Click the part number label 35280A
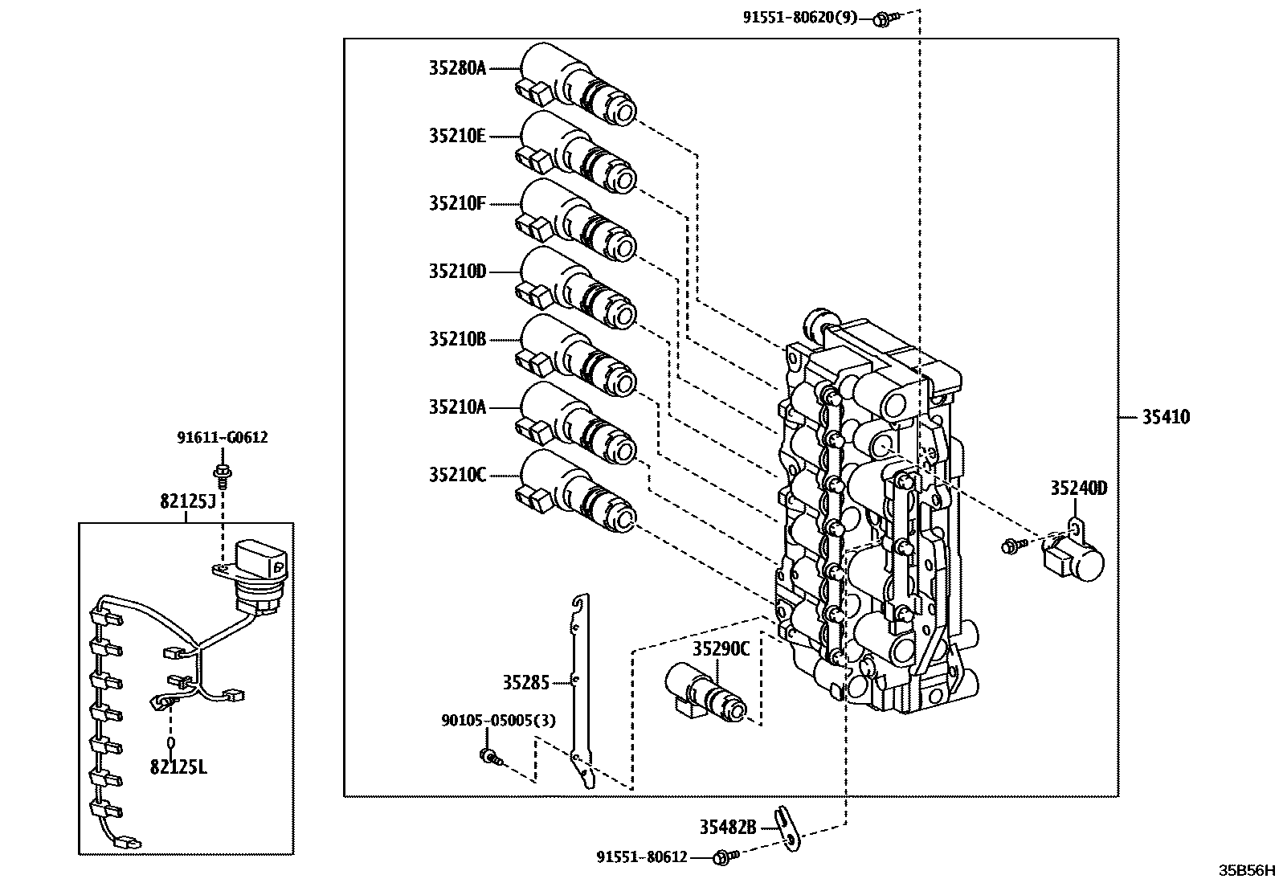pyautogui.click(x=457, y=69)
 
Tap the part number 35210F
pyautogui.click(x=457, y=204)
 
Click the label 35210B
pyautogui.click(x=457, y=339)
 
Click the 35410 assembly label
pyautogui.click(x=1166, y=417)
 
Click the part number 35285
pyautogui.click(x=526, y=683)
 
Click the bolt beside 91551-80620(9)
pyautogui.click(x=883, y=17)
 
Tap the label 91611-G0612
pyautogui.click(x=223, y=438)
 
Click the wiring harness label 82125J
pyautogui.click(x=188, y=501)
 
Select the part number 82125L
pyautogui.click(x=178, y=767)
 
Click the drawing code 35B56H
pyautogui.click(x=1247, y=870)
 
